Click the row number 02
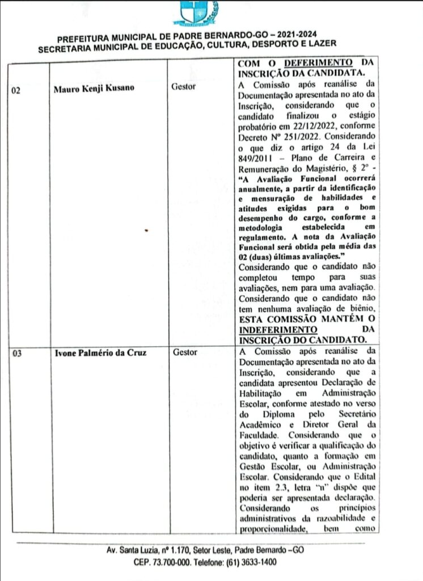click(17, 88)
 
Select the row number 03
click(17, 353)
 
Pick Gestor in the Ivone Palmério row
click(184, 352)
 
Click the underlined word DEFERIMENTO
click(318, 62)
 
